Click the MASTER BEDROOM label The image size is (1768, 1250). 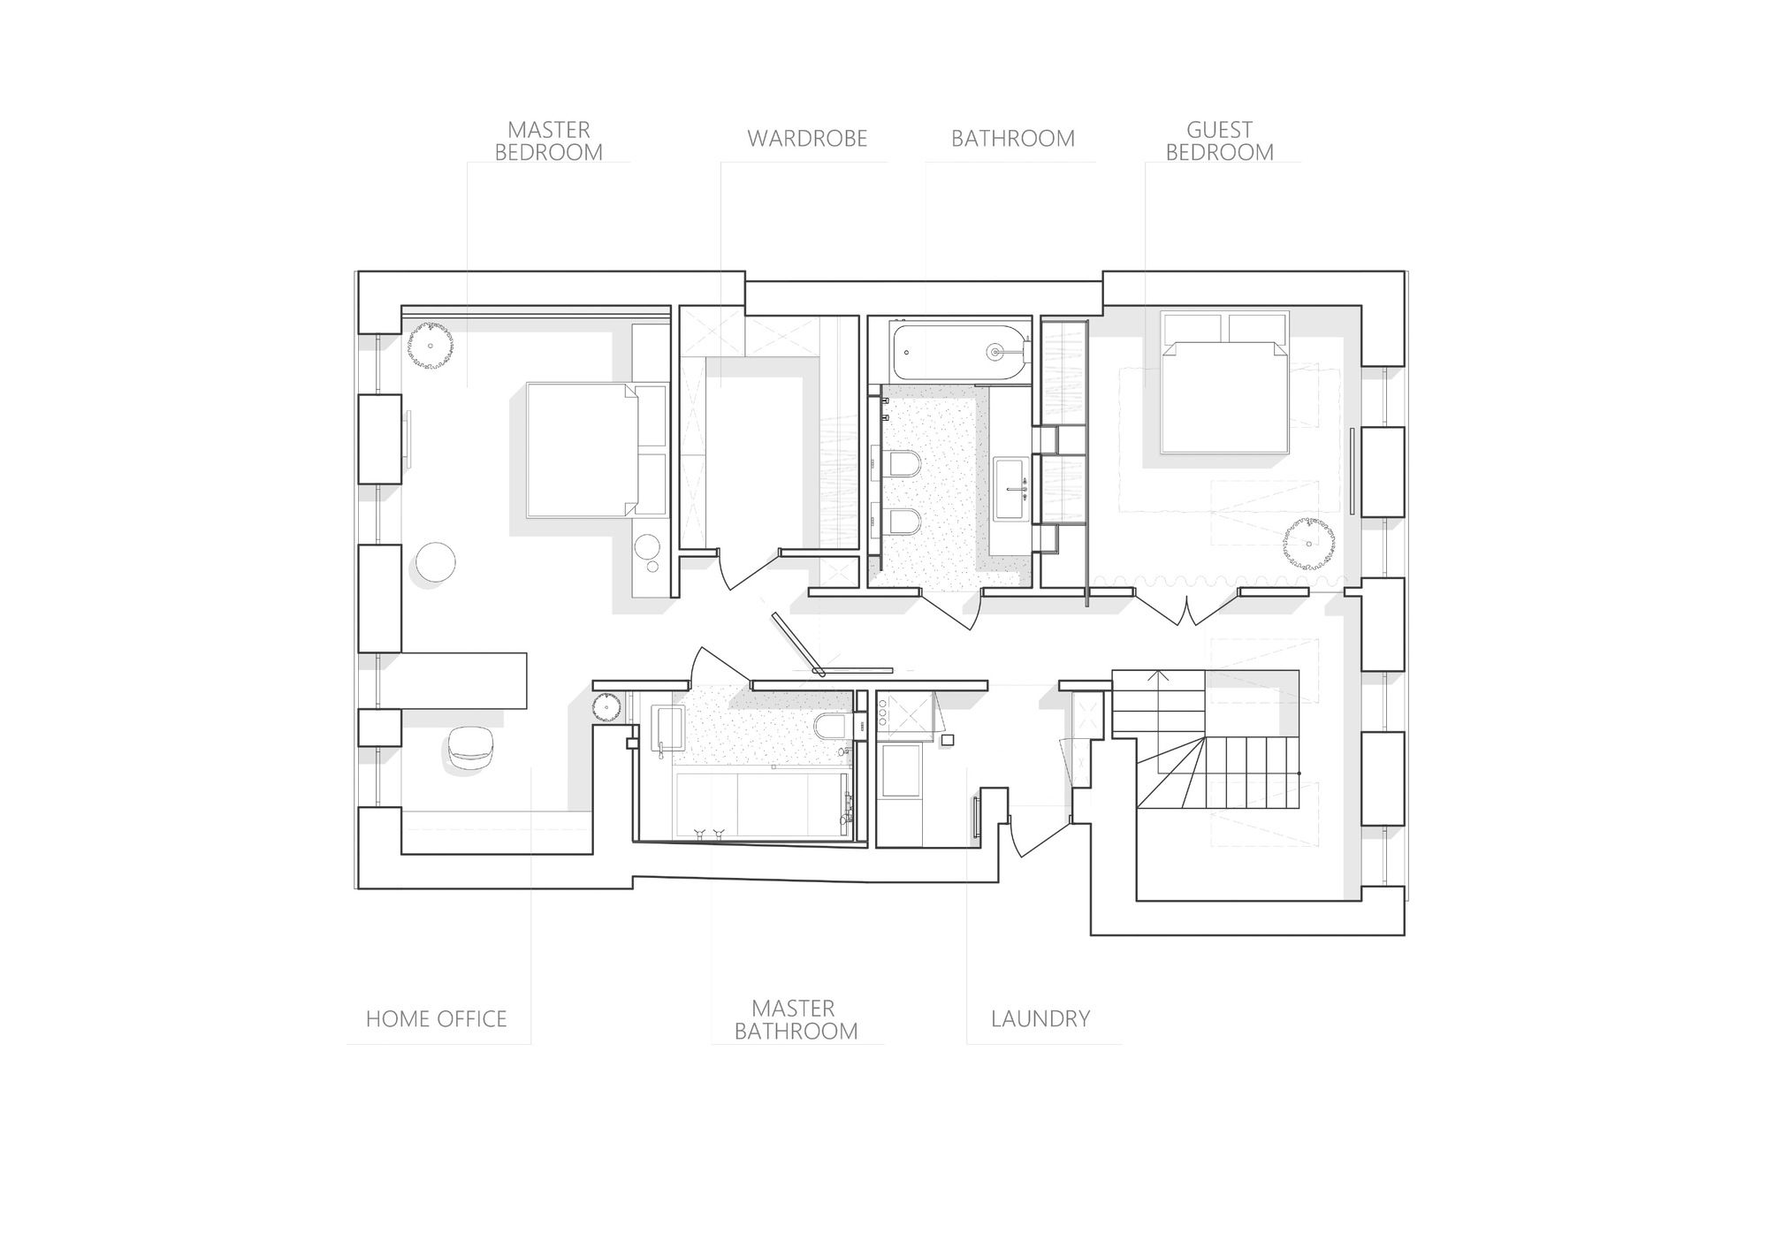point(548,141)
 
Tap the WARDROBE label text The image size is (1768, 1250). point(807,139)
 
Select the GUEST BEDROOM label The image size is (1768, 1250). point(1220,141)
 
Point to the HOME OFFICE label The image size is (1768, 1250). point(437,1019)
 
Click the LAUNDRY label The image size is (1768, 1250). point(1040,1019)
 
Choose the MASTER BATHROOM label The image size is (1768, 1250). point(796,1020)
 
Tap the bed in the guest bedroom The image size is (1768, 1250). point(1223,383)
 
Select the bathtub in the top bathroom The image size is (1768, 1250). point(961,353)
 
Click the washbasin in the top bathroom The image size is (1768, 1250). point(1012,488)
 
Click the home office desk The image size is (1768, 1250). point(464,680)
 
